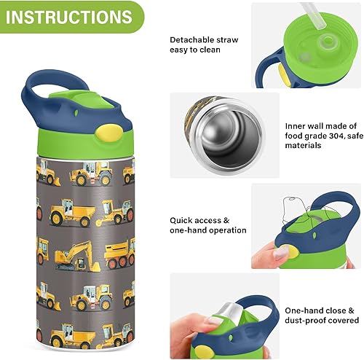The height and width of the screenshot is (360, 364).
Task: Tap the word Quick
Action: (182, 220)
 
